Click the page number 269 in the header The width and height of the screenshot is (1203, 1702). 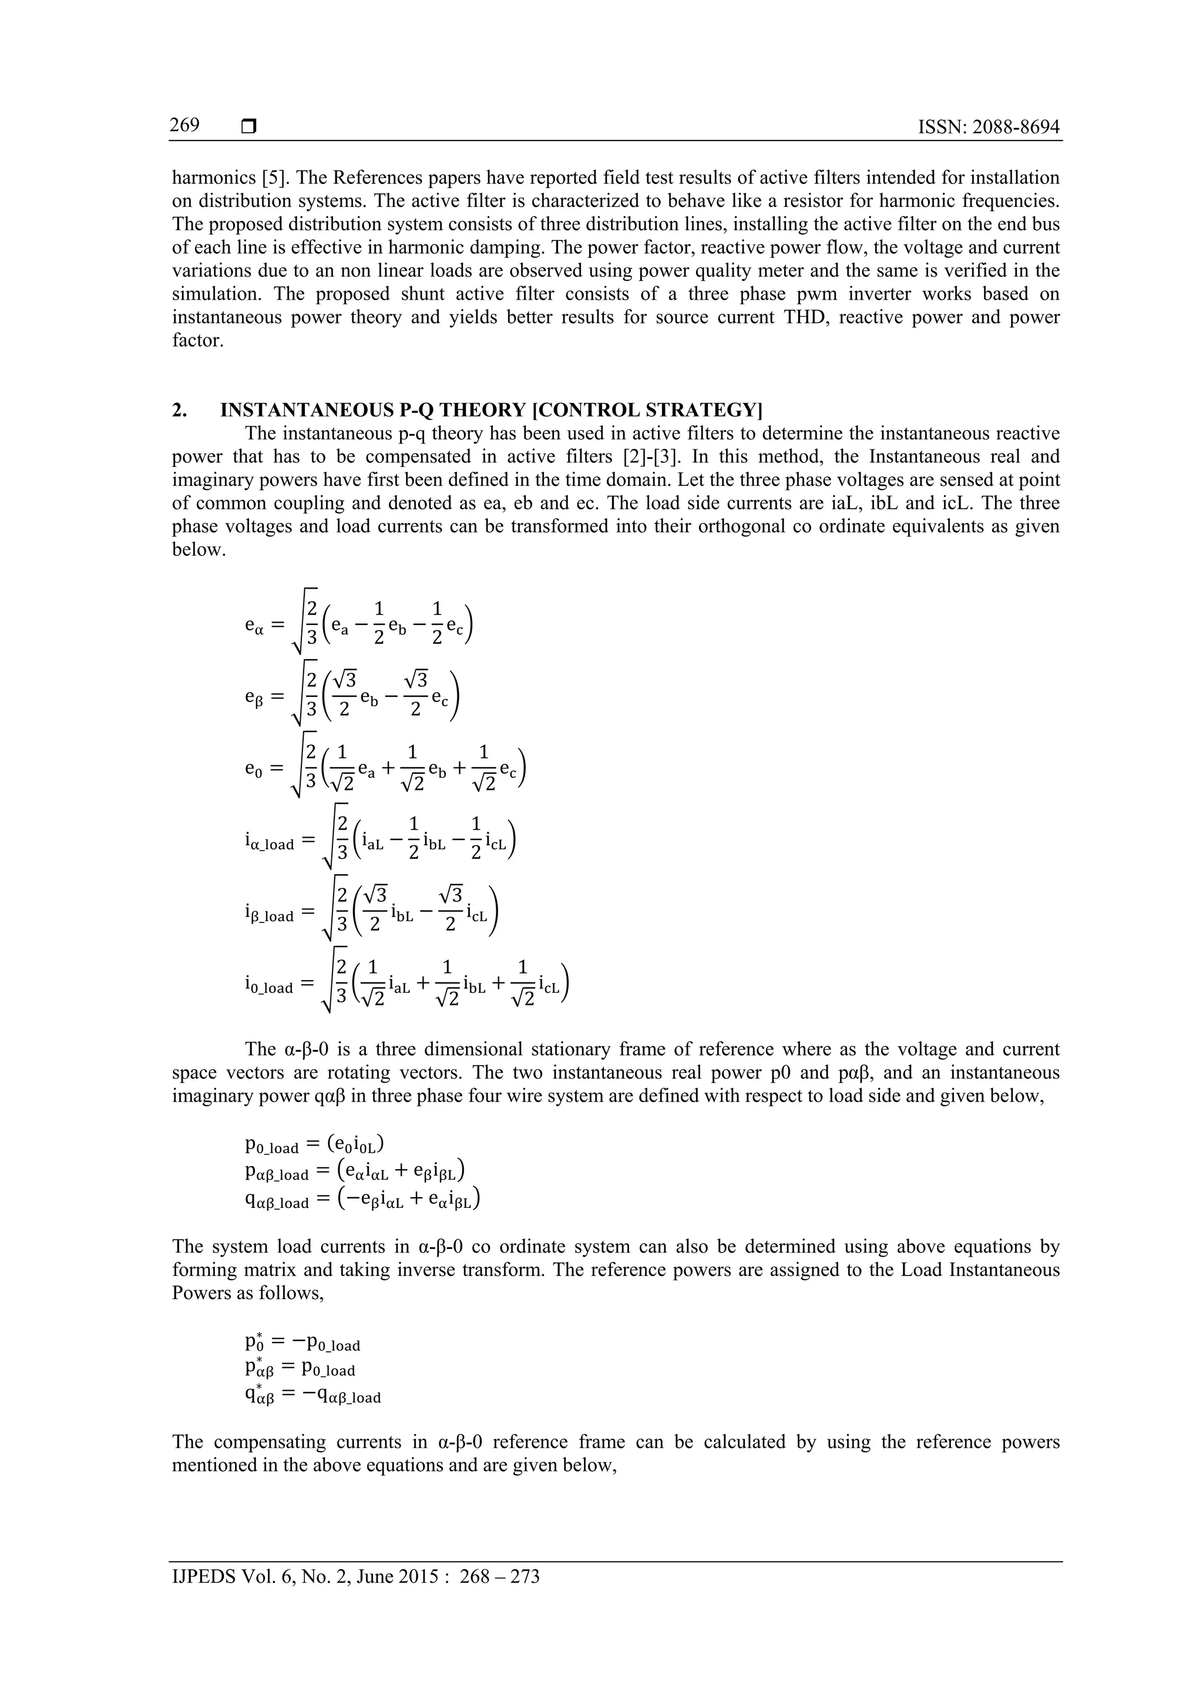click(x=184, y=125)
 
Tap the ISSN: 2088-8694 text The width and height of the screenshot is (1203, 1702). click(x=988, y=127)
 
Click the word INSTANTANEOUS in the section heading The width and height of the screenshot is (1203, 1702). click(x=307, y=410)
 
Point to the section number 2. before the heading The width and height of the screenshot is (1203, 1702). click(x=179, y=410)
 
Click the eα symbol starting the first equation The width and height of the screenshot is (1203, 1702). click(x=254, y=625)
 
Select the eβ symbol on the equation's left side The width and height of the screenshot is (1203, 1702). click(x=254, y=697)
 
